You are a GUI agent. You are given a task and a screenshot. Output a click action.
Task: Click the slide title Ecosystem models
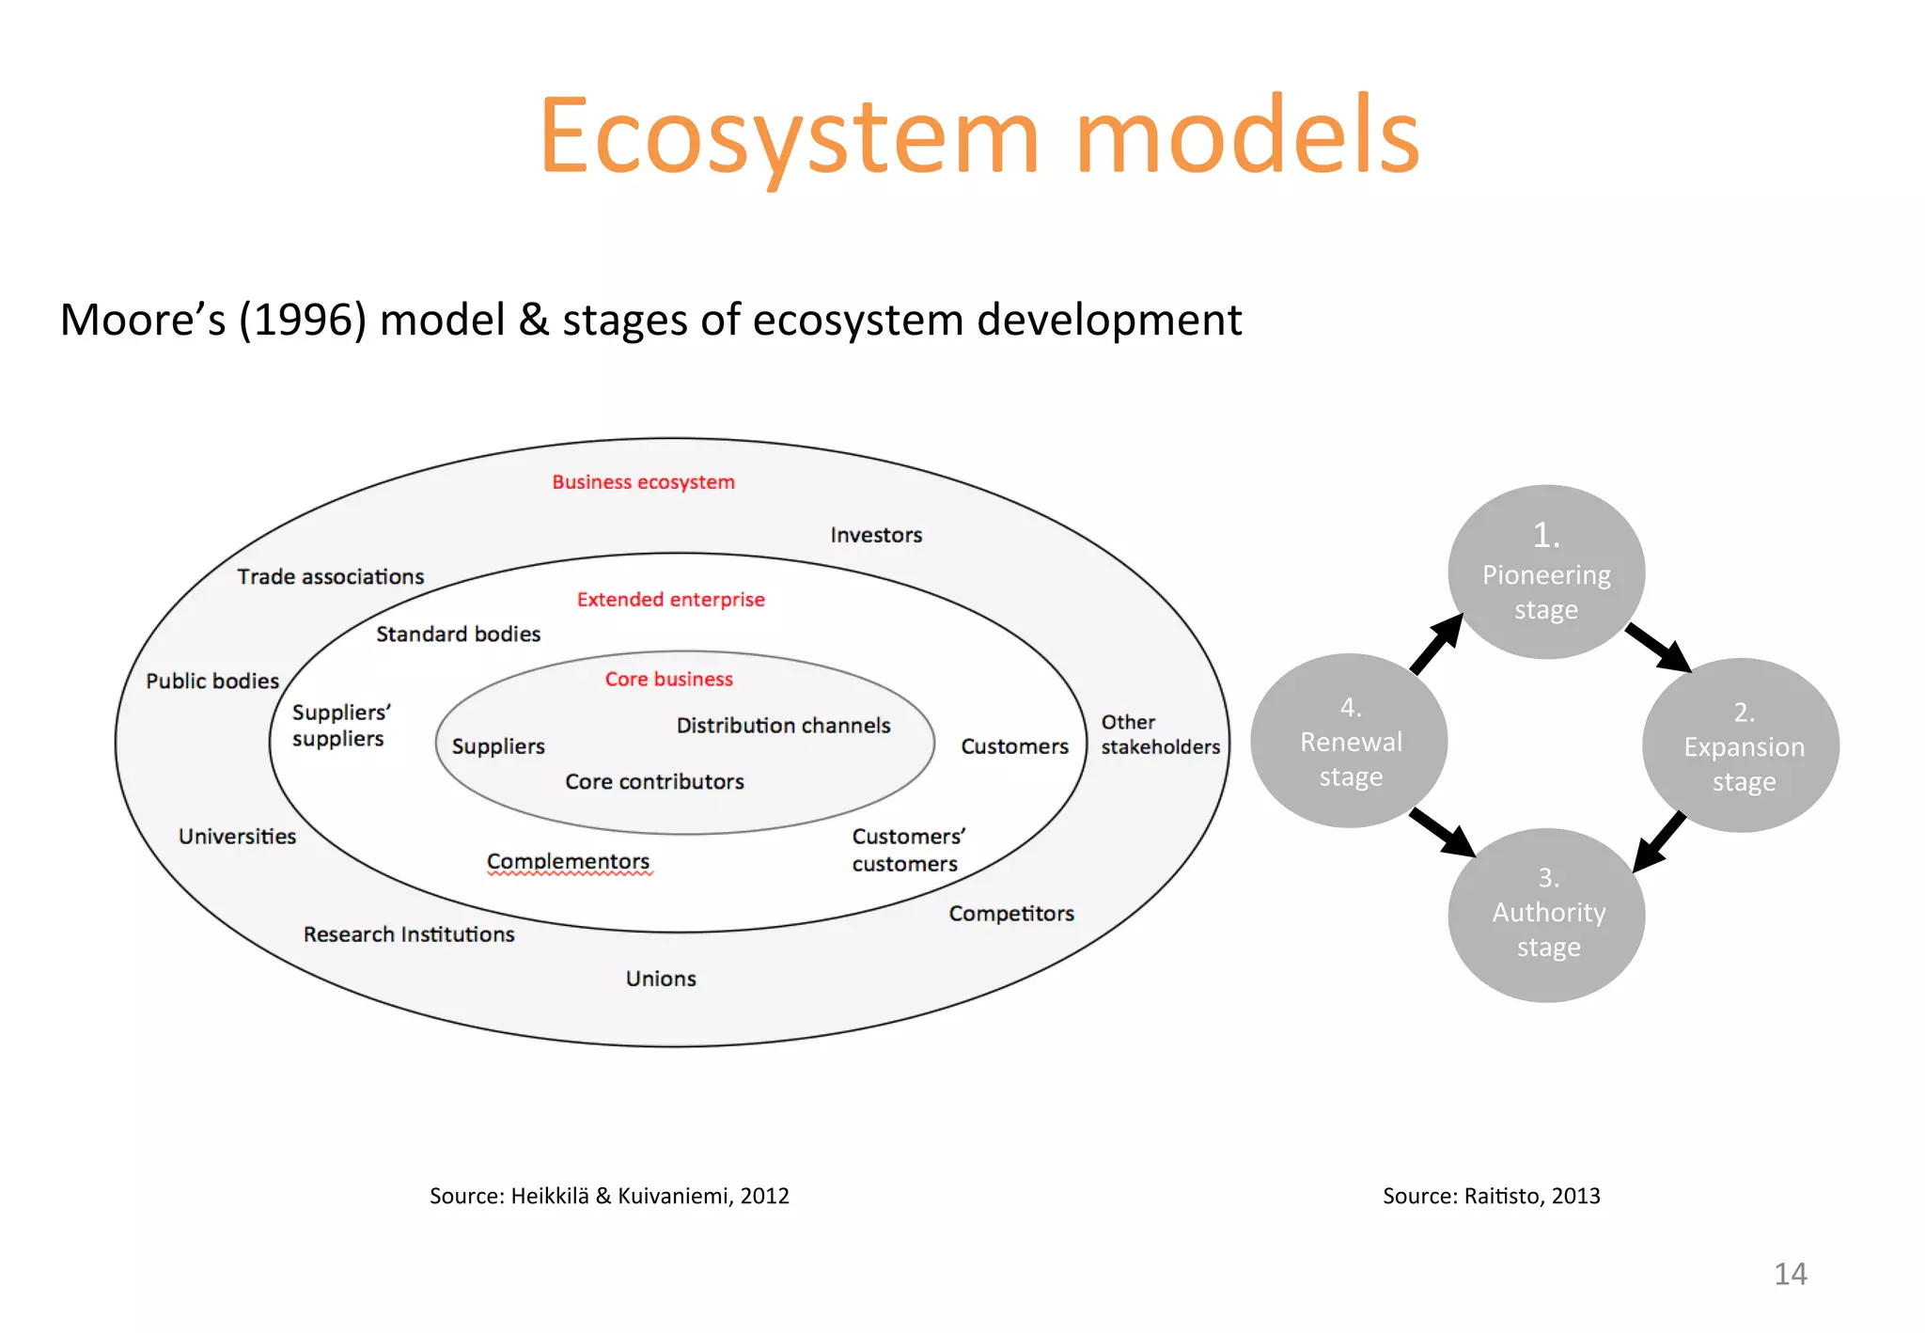point(978,136)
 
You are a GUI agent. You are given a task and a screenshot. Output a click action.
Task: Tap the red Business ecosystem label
point(643,482)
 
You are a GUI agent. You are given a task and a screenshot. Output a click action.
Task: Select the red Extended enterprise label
point(670,600)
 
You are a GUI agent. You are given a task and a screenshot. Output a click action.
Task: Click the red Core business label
point(668,679)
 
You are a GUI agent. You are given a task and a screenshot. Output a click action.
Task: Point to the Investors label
point(876,535)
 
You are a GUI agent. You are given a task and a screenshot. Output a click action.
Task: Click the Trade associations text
point(330,576)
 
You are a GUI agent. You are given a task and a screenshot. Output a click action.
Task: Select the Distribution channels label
point(783,726)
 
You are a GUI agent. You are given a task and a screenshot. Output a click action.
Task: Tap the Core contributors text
point(654,781)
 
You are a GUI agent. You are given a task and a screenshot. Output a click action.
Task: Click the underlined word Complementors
point(568,861)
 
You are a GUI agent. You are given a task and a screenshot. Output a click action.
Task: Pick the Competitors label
point(1010,914)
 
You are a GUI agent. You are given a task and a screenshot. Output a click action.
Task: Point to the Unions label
point(661,979)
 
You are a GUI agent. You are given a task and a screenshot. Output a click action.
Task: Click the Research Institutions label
point(409,934)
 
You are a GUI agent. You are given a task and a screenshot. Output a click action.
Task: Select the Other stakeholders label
point(1160,734)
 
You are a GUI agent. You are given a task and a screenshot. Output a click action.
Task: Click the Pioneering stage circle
point(1546,572)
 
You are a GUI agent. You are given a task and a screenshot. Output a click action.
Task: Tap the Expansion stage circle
point(1743,745)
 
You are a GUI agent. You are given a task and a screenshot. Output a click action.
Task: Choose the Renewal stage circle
point(1350,741)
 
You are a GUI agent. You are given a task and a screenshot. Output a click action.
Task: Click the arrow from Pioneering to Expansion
point(1658,647)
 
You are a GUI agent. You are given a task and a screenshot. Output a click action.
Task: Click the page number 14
point(1790,1274)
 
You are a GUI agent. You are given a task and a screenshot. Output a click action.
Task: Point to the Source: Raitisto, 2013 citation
point(1491,1196)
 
